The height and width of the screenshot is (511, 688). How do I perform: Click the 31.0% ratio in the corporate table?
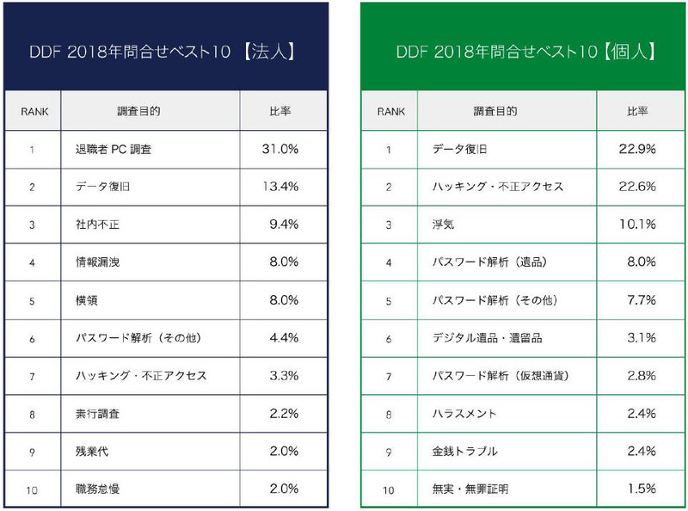point(279,149)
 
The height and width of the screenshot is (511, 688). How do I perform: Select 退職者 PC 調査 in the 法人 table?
point(114,150)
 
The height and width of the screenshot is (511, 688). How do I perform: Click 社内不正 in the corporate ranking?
point(96,225)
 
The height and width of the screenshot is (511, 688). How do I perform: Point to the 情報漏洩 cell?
point(96,262)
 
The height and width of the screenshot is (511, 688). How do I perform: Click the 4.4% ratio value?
point(283,338)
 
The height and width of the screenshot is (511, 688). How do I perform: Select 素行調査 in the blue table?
point(96,414)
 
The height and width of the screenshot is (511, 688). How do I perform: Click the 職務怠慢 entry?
point(96,489)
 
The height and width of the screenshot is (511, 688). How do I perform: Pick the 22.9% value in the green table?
point(637,149)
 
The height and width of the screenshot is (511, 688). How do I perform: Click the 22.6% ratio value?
point(637,187)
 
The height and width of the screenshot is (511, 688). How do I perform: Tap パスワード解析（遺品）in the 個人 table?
point(489,262)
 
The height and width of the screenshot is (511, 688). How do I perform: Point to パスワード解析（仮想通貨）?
point(501,376)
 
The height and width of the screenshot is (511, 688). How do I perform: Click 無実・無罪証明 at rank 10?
point(470,489)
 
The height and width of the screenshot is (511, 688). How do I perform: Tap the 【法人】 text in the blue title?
point(270,52)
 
